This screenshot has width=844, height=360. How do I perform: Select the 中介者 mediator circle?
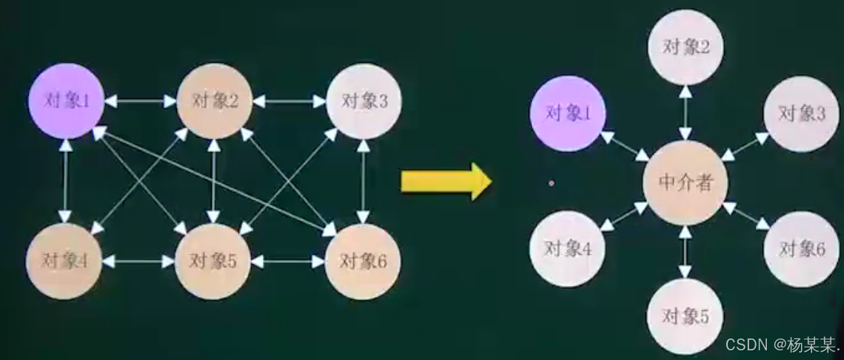(685, 182)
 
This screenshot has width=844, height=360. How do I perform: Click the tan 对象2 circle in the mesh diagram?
(215, 101)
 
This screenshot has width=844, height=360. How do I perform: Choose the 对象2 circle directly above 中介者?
(686, 47)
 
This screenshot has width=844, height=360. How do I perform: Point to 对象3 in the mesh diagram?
(364, 101)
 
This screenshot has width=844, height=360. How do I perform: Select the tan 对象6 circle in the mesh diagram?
(363, 261)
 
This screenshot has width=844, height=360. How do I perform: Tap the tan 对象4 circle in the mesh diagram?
(64, 261)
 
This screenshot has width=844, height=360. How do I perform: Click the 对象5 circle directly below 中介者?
(684, 317)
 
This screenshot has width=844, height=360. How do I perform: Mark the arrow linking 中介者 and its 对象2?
(686, 112)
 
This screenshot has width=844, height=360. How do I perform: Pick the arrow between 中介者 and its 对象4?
(624, 216)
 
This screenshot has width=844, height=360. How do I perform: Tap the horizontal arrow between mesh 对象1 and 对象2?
(140, 101)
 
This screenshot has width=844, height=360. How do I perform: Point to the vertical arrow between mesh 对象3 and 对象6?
(364, 181)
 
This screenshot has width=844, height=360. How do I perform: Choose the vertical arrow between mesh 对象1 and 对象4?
(65, 181)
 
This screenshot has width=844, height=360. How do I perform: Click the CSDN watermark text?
(782, 344)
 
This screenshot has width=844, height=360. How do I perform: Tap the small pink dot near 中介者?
(552, 181)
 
